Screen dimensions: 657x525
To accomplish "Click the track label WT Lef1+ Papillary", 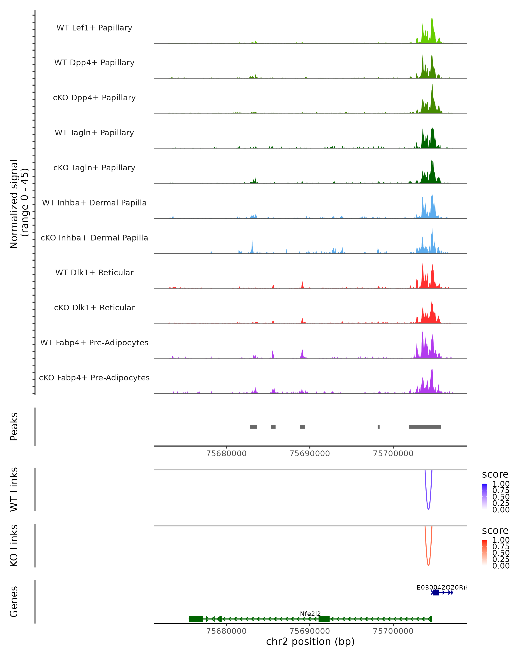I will click(x=94, y=28).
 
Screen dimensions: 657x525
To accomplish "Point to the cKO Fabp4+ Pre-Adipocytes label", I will click(x=94, y=378).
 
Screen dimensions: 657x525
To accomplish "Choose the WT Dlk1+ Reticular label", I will click(x=94, y=272).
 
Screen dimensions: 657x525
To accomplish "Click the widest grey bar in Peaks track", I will click(x=425, y=427).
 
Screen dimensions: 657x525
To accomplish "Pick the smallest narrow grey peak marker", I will click(x=379, y=427).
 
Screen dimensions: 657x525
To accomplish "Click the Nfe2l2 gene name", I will click(x=310, y=614).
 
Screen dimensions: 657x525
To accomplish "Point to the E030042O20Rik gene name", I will click(x=441, y=587).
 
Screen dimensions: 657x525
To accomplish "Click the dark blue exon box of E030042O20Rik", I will click(x=436, y=592).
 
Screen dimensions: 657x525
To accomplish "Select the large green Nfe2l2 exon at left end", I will click(x=196, y=619).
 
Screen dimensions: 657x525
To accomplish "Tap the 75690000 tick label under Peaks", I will click(x=310, y=454).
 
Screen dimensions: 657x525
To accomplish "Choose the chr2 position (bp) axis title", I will click(x=310, y=641).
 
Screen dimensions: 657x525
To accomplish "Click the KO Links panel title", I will click(x=14, y=546).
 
